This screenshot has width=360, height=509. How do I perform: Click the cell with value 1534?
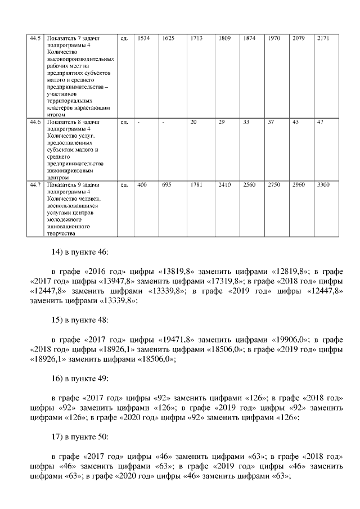(x=144, y=38)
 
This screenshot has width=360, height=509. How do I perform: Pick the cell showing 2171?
(x=323, y=38)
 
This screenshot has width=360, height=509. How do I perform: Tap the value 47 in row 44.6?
(x=320, y=121)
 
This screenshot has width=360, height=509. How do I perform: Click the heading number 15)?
(x=57, y=320)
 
